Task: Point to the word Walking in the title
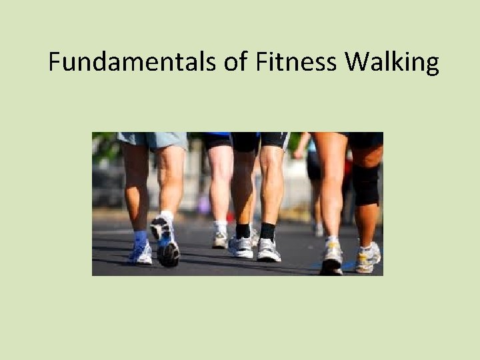pyautogui.click(x=392, y=62)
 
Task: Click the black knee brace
pyautogui.click(x=366, y=183)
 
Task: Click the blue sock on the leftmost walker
pyautogui.click(x=140, y=237)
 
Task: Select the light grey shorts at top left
pyautogui.click(x=153, y=140)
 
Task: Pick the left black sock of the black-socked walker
pyautogui.click(x=243, y=231)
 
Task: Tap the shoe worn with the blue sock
pyautogui.click(x=141, y=253)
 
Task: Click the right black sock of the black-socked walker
pyautogui.click(x=268, y=231)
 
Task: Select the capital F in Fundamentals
pyautogui.click(x=54, y=62)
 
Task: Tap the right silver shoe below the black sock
pyautogui.click(x=269, y=250)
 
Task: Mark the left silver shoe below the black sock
pyautogui.click(x=241, y=247)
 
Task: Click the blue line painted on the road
pyautogui.click(x=347, y=265)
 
